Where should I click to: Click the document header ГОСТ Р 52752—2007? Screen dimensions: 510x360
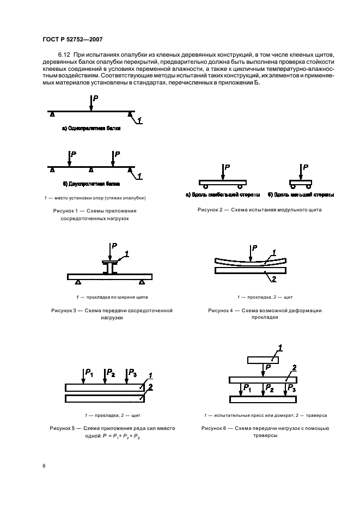(72, 39)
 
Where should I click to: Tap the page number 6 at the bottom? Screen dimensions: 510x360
(45, 466)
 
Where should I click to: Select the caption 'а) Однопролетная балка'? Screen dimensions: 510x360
(90, 130)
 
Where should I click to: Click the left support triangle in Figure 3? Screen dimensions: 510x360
(78, 282)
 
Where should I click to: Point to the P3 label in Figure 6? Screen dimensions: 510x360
(291, 388)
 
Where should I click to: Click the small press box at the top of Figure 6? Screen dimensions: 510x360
(262, 360)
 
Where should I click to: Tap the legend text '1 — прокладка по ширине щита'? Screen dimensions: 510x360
(112, 297)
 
